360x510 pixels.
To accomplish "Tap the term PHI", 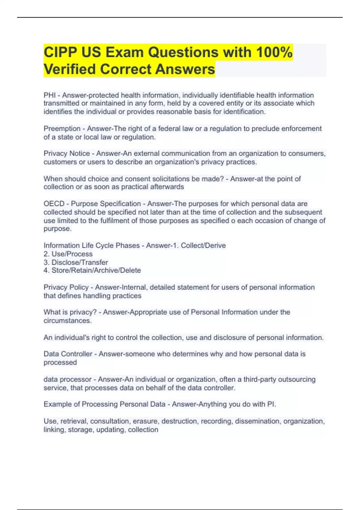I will pyautogui.click(x=49, y=95).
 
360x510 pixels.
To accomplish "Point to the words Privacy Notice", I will pyautogui.click(x=67, y=153).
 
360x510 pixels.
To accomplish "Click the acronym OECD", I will pyautogui.click(x=54, y=204).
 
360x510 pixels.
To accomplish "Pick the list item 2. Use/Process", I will pyautogui.click(x=68, y=254).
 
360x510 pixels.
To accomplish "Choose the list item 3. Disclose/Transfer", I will pyautogui.click(x=76, y=262).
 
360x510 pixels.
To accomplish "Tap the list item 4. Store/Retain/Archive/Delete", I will pyautogui.click(x=92, y=270).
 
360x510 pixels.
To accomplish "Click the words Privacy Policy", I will pyautogui.click(x=66, y=287).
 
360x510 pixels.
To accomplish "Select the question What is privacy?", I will pyautogui.click(x=70, y=312).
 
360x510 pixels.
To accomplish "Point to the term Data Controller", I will pyautogui.click(x=68, y=354).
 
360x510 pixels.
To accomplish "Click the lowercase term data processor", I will pyautogui.click(x=67, y=379).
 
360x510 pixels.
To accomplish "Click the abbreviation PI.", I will pyautogui.click(x=271, y=404).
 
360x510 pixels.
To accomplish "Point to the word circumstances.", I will pyautogui.click(x=67, y=320).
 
